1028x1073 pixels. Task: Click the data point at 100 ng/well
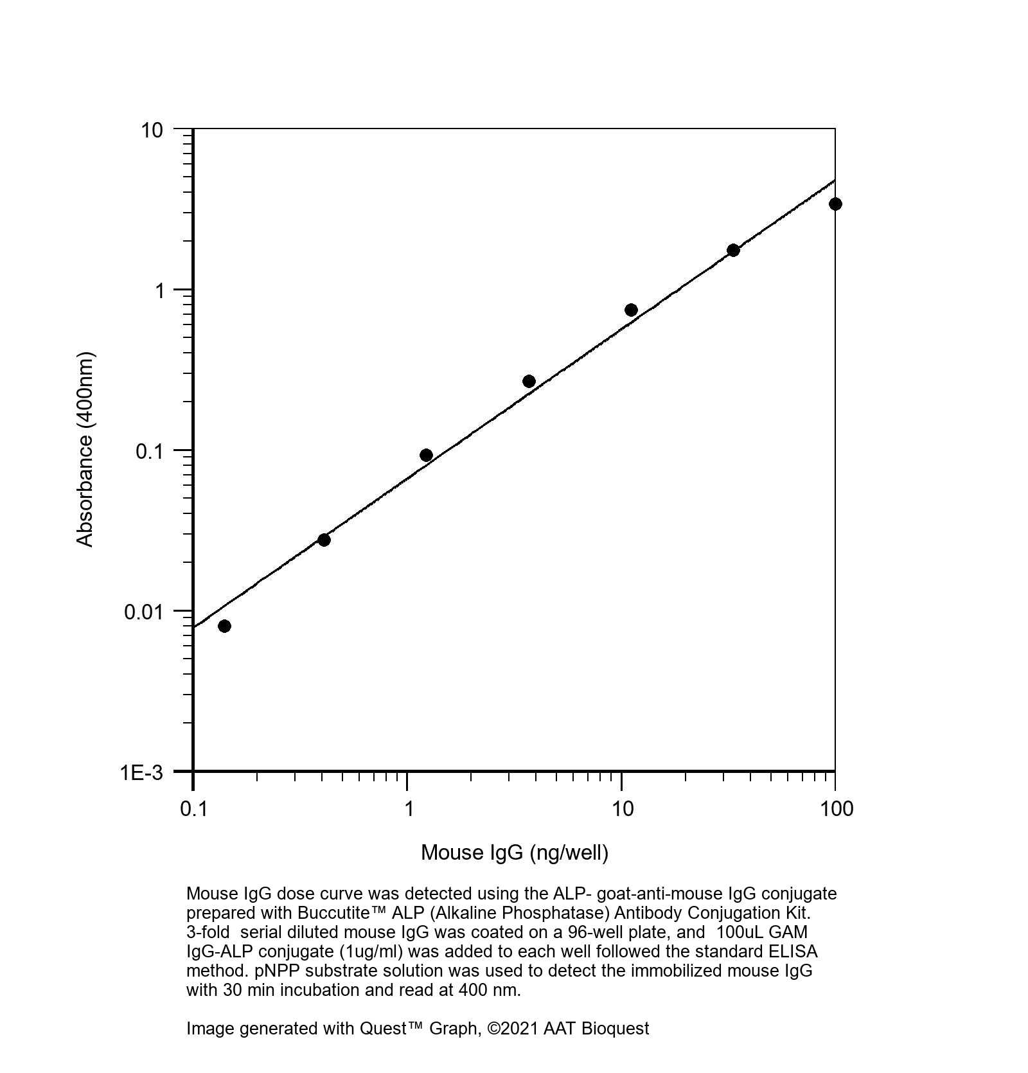coord(835,204)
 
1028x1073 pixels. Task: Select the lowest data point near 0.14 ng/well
coord(224,626)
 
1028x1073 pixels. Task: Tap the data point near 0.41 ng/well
coord(324,540)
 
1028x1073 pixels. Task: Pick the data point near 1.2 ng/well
coord(426,455)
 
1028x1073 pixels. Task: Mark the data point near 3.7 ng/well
coord(529,382)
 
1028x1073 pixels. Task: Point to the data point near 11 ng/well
coord(631,310)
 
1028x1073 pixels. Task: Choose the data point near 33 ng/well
coord(733,250)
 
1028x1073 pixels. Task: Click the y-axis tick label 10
coord(152,130)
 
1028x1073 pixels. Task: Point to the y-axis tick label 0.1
coord(149,451)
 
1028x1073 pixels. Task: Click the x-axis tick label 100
coord(836,808)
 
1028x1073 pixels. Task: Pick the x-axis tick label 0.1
coord(193,808)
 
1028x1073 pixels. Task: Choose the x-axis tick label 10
coord(622,808)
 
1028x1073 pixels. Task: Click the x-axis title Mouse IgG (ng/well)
coord(514,853)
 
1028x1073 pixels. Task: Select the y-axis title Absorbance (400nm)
coord(85,450)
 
